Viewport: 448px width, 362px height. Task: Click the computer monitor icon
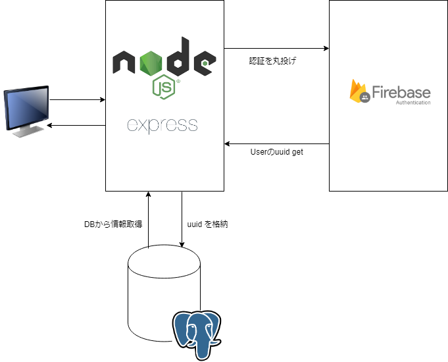click(26, 110)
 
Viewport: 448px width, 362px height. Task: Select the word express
click(162, 124)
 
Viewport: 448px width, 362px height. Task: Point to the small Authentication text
click(413, 103)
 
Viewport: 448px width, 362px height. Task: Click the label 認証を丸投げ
click(272, 61)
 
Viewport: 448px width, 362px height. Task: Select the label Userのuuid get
click(277, 152)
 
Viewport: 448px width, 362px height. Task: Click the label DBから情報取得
click(113, 224)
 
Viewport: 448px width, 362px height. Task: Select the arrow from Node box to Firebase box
click(276, 48)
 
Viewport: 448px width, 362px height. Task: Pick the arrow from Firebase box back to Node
click(276, 143)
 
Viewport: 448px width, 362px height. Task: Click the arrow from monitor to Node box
click(78, 100)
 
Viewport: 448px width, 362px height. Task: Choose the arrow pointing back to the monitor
click(78, 125)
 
